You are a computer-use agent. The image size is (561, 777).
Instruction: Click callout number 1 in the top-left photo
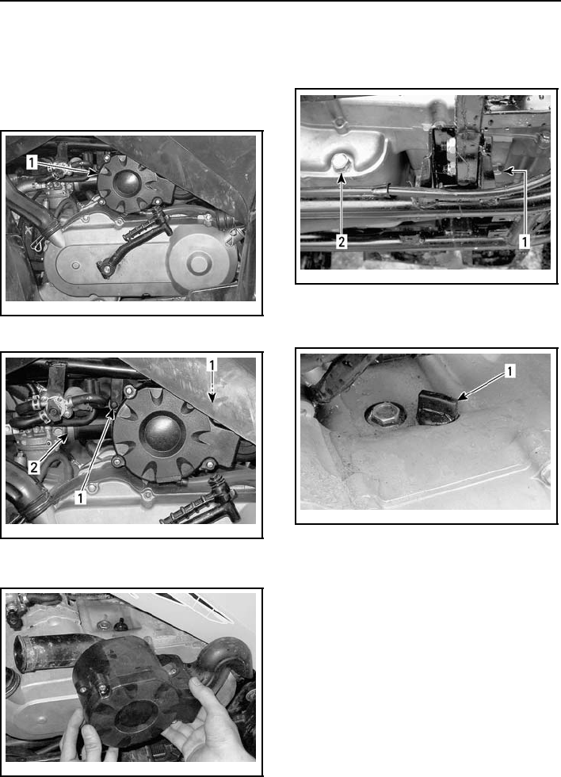pos(32,163)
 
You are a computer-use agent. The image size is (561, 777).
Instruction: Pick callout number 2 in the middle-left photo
pos(34,467)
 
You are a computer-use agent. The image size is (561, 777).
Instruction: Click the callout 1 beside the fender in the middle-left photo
pos(212,366)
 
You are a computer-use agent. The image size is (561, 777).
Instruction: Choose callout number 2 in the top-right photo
pos(342,242)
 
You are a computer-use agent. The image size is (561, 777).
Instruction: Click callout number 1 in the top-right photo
pos(525,242)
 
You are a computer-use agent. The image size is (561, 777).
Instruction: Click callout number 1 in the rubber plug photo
pos(509,371)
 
